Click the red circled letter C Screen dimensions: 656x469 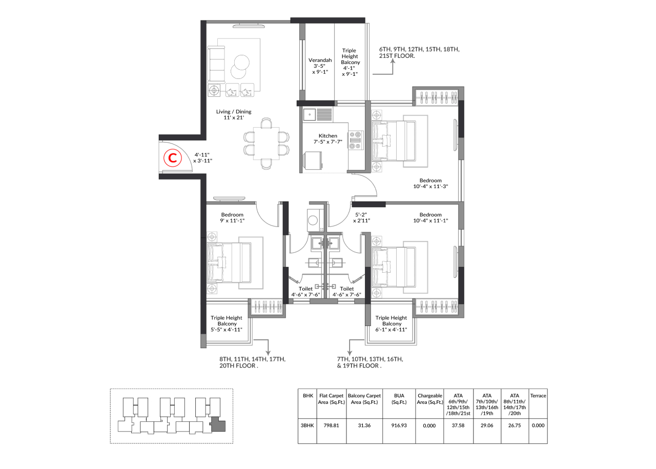[173, 158]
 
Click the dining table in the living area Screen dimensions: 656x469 [266, 143]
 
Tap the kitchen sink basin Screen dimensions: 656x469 [310, 114]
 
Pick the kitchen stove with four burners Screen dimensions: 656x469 [356, 140]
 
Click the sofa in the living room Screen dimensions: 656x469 [216, 64]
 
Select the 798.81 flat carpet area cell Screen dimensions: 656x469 [331, 425]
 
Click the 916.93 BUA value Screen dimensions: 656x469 [399, 425]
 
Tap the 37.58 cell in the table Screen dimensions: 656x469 [458, 425]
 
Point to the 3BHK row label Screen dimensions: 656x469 [307, 425]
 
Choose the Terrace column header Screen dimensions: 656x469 [538, 396]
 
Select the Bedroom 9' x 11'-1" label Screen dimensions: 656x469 [232, 218]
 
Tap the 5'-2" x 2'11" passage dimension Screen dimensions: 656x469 [361, 218]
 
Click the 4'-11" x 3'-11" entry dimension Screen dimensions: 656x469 [202, 158]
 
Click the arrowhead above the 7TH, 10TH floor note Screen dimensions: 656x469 [350, 353]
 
